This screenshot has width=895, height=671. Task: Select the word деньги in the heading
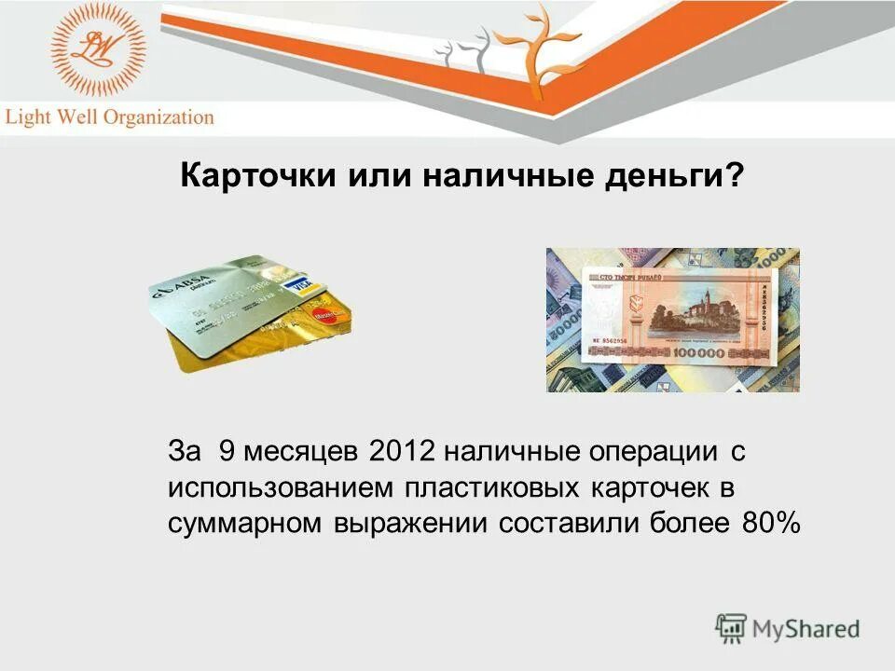(x=673, y=176)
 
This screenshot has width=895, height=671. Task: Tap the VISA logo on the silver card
(x=297, y=285)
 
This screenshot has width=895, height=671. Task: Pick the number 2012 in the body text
(x=402, y=452)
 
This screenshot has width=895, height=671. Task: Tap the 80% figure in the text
(x=771, y=523)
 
